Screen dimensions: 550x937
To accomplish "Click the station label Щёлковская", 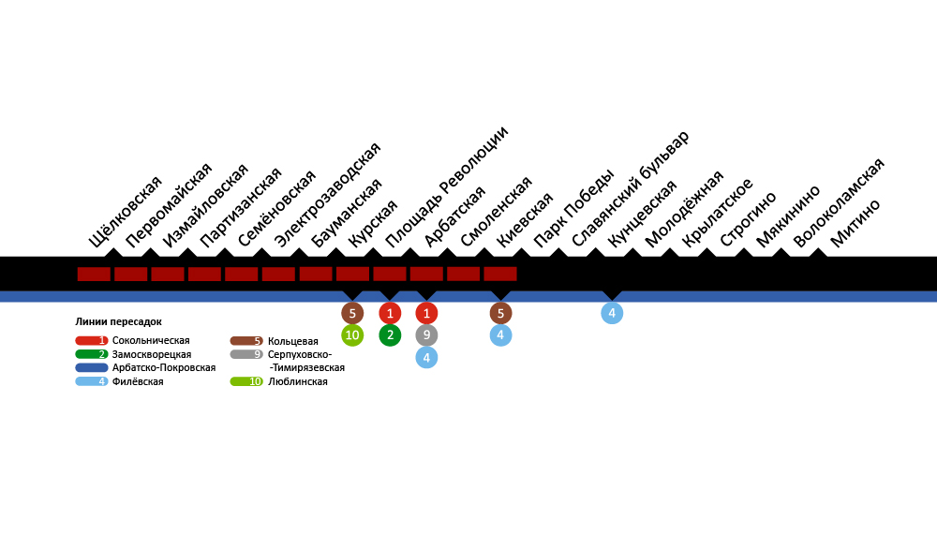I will point(126,212).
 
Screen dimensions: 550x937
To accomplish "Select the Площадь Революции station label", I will point(446,186).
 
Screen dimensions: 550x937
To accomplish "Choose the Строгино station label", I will point(748,217).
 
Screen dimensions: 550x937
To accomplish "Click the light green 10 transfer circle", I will point(352,335).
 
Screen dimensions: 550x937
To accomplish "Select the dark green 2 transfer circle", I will point(390,335).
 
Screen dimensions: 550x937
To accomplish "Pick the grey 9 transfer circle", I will point(426,335).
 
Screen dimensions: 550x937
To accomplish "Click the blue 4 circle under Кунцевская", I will point(612,313).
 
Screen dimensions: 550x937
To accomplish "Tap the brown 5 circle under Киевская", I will point(500,313).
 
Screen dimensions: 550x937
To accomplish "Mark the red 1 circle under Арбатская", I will point(426,313).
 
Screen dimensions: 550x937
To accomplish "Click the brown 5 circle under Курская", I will point(352,313).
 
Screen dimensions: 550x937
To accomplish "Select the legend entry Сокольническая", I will point(150,340).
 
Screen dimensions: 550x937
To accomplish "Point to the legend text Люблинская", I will point(297,382).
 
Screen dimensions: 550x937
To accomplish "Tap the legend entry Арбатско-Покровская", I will point(163,368).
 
